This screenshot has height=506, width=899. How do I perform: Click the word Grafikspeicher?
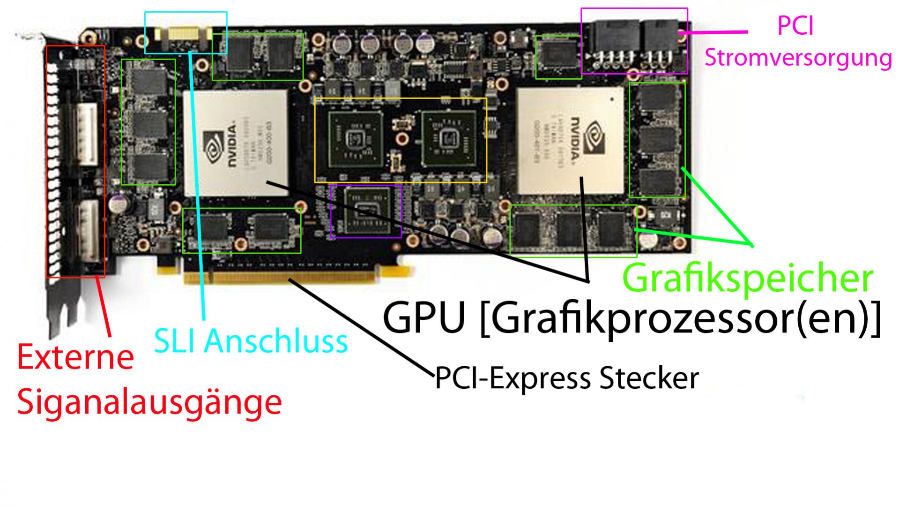click(x=747, y=279)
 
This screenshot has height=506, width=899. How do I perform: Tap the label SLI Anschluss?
click(x=251, y=341)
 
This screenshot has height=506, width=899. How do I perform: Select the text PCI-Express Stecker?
click(x=567, y=378)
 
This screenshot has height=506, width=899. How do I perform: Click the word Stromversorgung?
click(x=798, y=58)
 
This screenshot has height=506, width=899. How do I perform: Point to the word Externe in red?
click(x=75, y=357)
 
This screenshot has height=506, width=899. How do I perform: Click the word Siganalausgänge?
click(x=149, y=402)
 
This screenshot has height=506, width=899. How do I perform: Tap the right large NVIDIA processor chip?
click(x=572, y=141)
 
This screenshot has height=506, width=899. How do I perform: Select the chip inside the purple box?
click(x=366, y=211)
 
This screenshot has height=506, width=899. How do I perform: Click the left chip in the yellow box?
click(x=355, y=139)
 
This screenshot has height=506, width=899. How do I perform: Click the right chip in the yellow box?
click(x=448, y=139)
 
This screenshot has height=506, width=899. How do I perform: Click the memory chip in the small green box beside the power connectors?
click(x=557, y=57)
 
